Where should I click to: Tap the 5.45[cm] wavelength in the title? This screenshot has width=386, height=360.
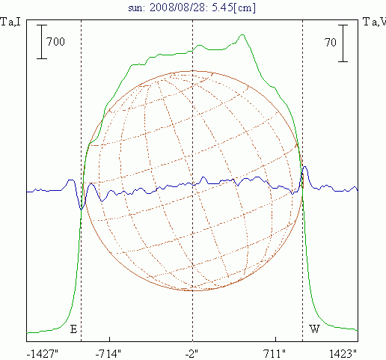point(234,7)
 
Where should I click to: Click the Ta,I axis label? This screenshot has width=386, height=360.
point(10,22)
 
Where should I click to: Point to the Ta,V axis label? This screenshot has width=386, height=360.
point(374,22)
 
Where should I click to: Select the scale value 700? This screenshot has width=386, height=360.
point(55,42)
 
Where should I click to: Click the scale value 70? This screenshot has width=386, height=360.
point(331,43)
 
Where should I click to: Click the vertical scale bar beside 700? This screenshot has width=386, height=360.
point(42,42)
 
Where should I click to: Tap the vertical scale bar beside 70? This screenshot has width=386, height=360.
point(343,43)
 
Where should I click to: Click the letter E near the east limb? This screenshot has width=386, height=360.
point(73,329)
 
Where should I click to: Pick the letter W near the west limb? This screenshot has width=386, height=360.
point(314,329)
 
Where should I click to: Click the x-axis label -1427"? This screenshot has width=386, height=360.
point(42,354)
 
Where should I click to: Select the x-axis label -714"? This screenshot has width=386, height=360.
point(108,354)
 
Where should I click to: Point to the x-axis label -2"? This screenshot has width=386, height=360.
point(192,354)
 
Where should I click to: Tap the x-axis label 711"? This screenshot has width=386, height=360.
point(275,354)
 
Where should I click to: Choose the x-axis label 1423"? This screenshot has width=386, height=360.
point(343,354)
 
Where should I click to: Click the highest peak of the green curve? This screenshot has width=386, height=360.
point(242,34)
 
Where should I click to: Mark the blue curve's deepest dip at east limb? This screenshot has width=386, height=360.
point(82,210)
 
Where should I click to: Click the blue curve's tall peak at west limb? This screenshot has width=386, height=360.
point(304,166)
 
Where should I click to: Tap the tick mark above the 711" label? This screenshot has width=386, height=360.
point(275,339)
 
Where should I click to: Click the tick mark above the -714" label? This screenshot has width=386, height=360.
point(109,339)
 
